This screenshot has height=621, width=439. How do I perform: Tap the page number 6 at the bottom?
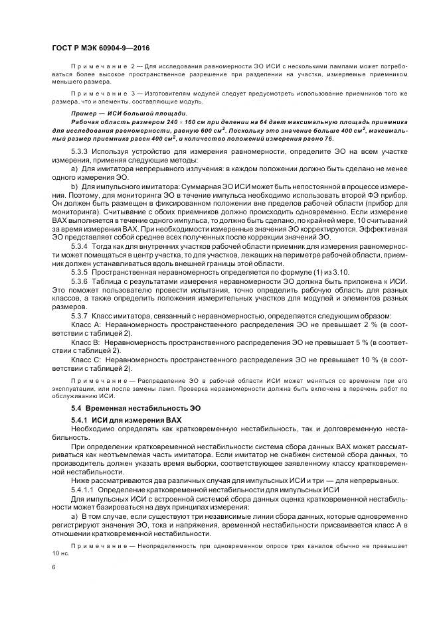tap(54, 567)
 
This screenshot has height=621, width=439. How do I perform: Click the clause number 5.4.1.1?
tap(83, 490)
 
